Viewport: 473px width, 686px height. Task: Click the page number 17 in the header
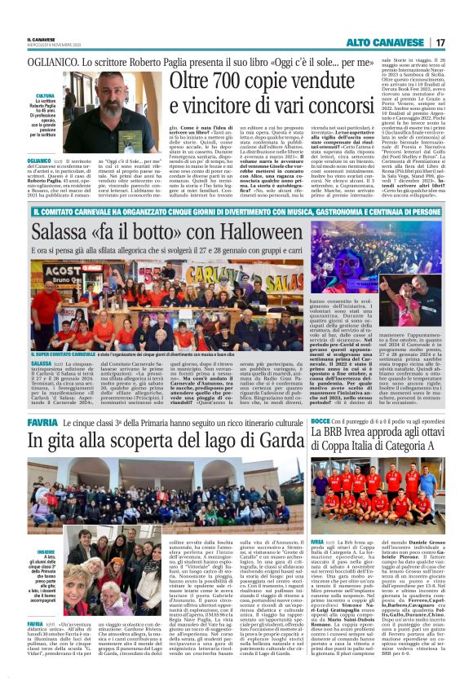click(440, 42)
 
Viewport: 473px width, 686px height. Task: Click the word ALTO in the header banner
click(363, 42)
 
